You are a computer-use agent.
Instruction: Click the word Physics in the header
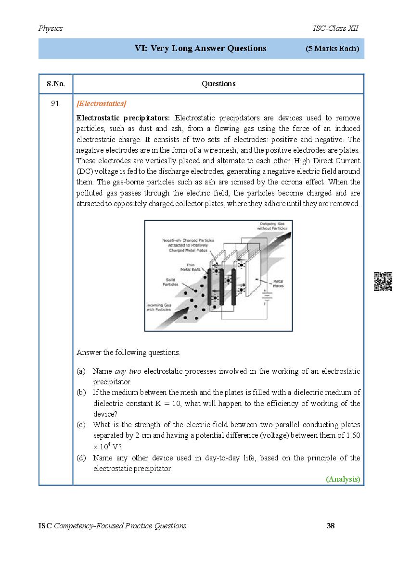(x=51, y=28)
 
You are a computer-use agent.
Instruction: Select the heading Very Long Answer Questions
(x=201, y=48)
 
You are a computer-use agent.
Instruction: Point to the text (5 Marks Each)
(x=332, y=49)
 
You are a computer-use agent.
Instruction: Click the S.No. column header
(x=56, y=84)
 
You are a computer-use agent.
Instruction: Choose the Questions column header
(x=218, y=84)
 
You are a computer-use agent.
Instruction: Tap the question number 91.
(x=56, y=104)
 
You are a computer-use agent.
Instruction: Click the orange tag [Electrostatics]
(x=102, y=104)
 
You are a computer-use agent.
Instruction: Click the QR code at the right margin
(x=383, y=282)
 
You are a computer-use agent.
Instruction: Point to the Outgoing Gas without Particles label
(x=273, y=226)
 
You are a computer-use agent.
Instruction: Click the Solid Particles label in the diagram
(x=172, y=282)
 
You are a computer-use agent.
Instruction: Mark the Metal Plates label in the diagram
(x=278, y=283)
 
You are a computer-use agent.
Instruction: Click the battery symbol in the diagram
(x=264, y=298)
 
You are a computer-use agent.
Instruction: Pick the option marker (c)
(x=81, y=425)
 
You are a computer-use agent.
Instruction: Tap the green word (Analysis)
(x=343, y=479)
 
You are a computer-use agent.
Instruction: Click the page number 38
(x=330, y=525)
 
